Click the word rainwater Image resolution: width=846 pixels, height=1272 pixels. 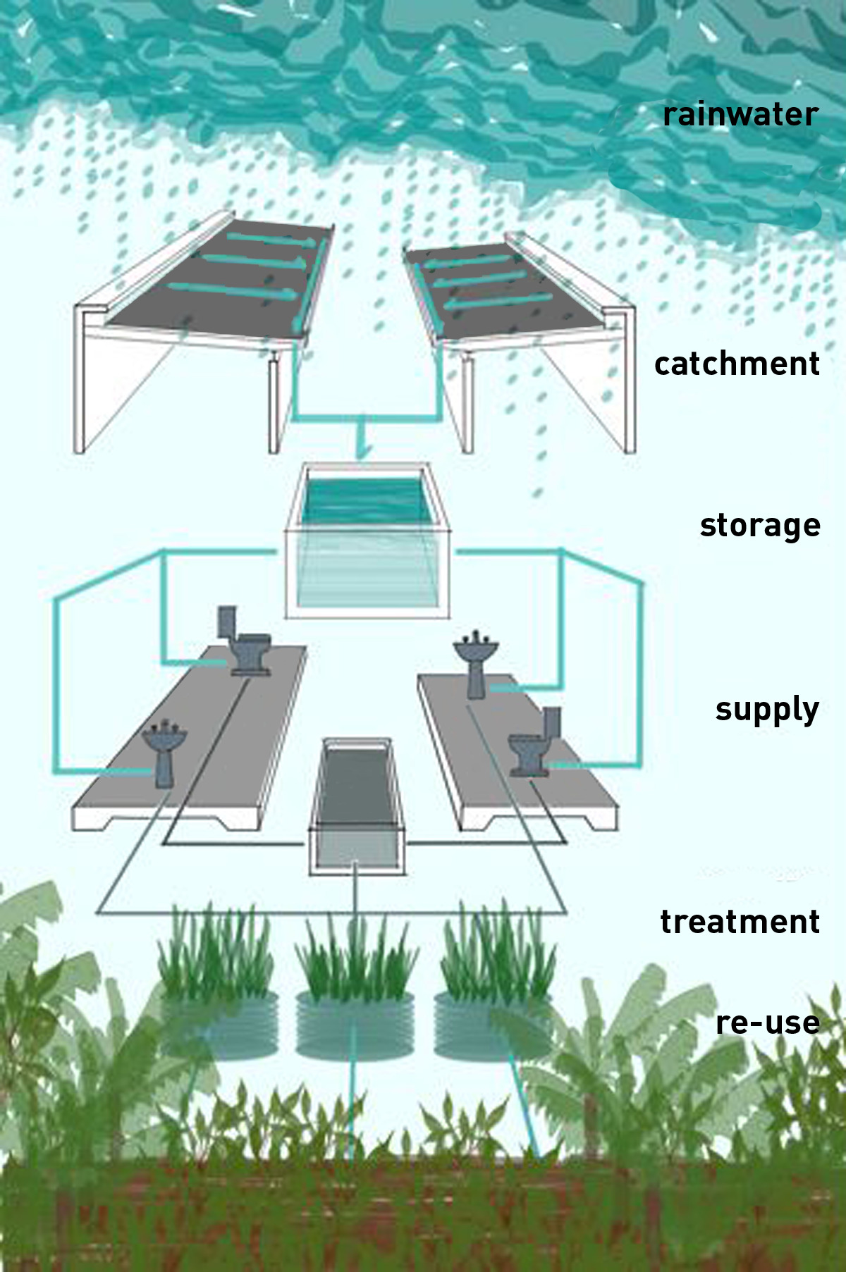740,115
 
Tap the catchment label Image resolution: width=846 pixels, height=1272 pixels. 737,364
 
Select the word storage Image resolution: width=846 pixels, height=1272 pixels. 760,526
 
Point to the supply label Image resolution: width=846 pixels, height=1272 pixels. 767,710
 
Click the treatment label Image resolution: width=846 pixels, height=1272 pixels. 740,922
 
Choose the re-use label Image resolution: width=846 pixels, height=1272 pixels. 767,1023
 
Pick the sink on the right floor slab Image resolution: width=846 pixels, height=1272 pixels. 476,662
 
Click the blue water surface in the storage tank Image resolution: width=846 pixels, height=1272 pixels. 364,500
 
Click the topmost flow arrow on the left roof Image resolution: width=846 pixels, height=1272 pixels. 271,240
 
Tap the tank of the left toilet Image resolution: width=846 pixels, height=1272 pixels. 227,622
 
